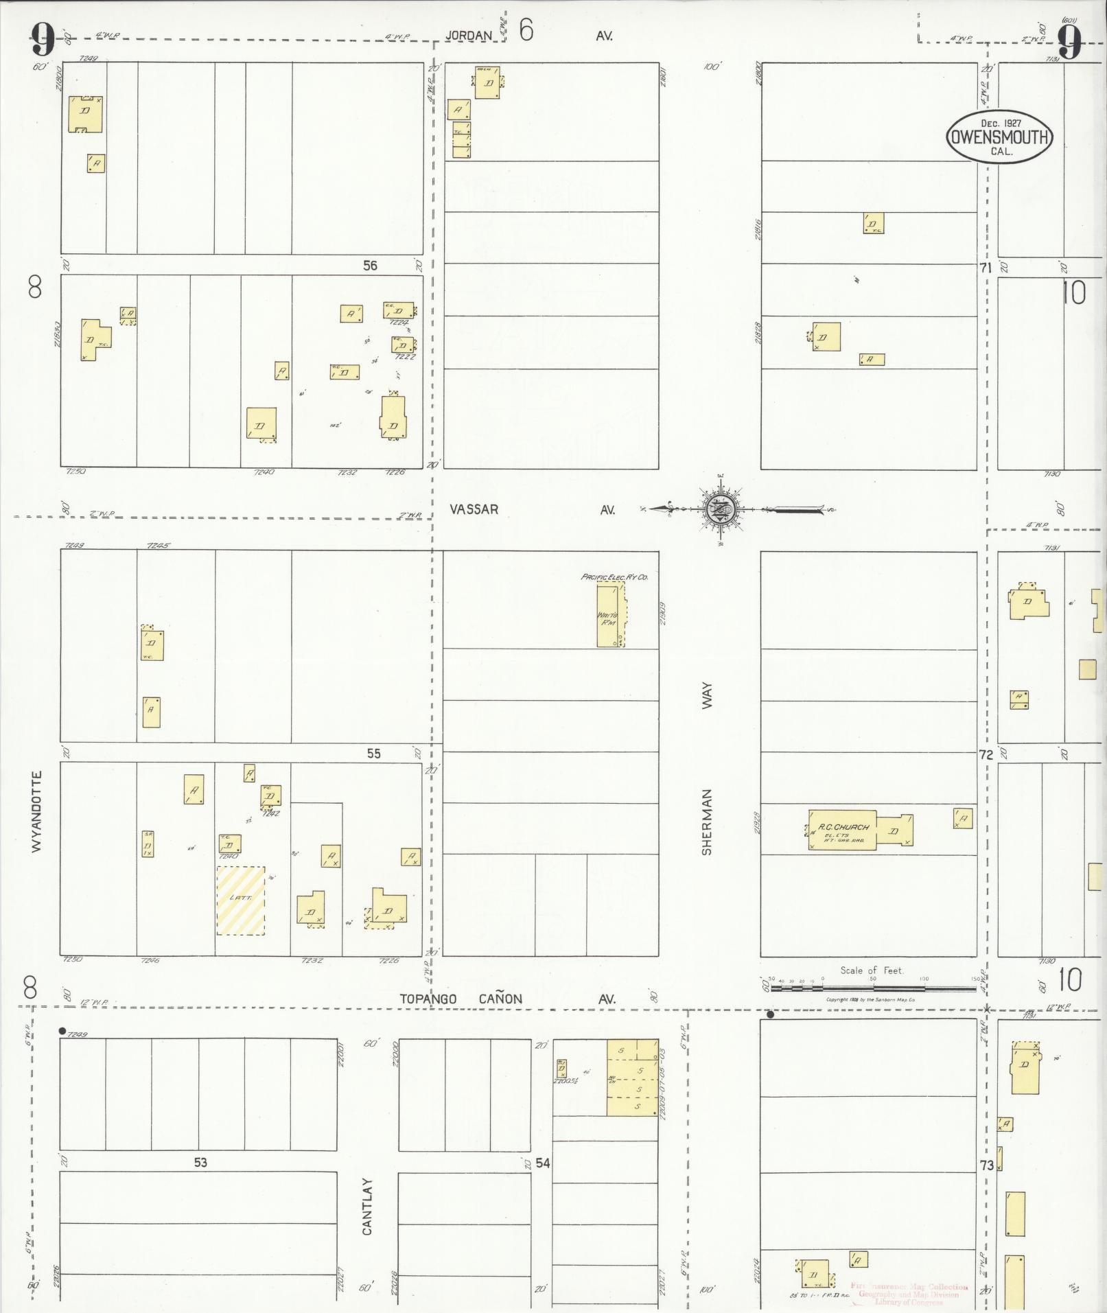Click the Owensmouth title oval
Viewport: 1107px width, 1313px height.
[x=999, y=137]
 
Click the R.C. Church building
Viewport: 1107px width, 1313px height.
[x=842, y=830]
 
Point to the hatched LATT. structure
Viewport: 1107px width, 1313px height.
[x=241, y=900]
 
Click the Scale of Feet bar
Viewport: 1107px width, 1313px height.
[x=873, y=989]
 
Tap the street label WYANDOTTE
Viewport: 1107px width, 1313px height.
[x=36, y=812]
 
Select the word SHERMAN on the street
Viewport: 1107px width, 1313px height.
[x=707, y=822]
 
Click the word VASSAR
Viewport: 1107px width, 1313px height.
[x=474, y=509]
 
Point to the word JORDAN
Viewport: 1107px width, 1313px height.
[x=469, y=36]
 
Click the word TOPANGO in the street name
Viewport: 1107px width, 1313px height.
[x=428, y=999]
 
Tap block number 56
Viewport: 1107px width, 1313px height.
[x=370, y=266]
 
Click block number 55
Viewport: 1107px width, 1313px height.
[x=373, y=754]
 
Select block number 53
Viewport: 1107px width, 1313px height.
[x=200, y=1163]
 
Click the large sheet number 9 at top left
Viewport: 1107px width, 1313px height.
[x=43, y=40]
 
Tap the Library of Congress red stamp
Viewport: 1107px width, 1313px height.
[x=909, y=1294]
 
